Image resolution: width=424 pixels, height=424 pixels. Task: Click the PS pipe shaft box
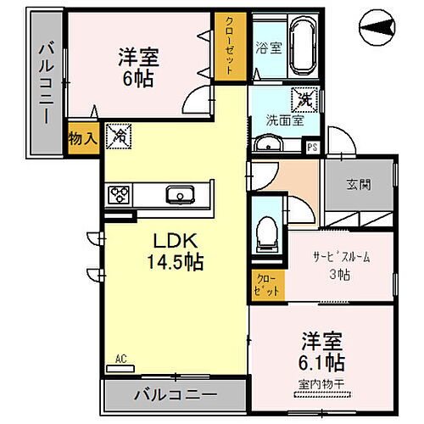pyautogui.click(x=311, y=146)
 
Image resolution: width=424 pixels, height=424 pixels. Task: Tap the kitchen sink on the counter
pyautogui.click(x=181, y=196)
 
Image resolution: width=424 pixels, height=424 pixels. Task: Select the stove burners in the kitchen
pyautogui.click(x=119, y=195)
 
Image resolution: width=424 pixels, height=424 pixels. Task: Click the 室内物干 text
pyautogui.click(x=320, y=385)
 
